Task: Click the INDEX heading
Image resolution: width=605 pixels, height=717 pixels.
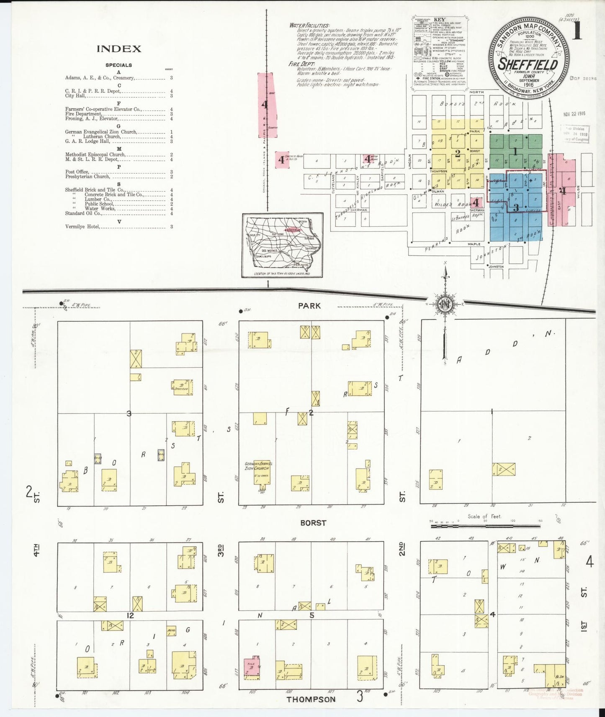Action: coord(119,49)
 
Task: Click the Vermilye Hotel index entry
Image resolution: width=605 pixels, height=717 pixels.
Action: coord(83,227)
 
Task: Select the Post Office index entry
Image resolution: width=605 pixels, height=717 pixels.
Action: coord(77,172)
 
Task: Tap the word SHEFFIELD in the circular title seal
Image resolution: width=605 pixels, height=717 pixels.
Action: coord(528,65)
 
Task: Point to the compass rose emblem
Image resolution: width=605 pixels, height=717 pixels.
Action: coord(444,304)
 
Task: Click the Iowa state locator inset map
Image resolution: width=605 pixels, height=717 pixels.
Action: coord(283,245)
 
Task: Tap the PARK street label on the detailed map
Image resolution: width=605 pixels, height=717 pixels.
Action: coord(309,306)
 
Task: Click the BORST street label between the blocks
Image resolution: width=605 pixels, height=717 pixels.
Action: coord(313,523)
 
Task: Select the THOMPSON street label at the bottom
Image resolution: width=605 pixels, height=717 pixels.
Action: coord(311,699)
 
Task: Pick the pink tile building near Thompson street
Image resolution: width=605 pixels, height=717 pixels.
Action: coord(252,668)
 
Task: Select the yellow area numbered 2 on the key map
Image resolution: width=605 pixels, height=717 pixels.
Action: coord(458,153)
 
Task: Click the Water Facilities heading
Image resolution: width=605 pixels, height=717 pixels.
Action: coord(309,26)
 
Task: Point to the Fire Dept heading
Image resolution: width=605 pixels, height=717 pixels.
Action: coord(301,64)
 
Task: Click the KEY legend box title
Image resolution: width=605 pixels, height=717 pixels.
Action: coord(439,20)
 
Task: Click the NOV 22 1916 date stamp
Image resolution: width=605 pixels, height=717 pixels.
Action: coord(574,114)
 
